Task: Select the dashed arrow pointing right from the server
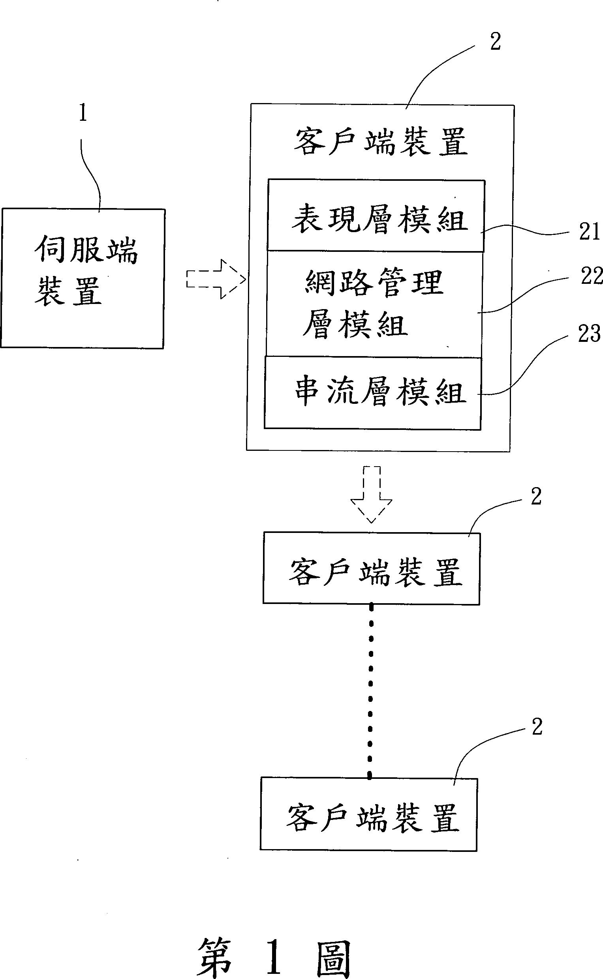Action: point(216,279)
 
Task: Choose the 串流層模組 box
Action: point(372,393)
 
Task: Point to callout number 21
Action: point(590,232)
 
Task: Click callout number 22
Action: point(591,276)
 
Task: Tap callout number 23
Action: point(589,334)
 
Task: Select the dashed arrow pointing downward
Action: point(371,494)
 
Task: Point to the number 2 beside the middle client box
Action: point(536,497)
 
